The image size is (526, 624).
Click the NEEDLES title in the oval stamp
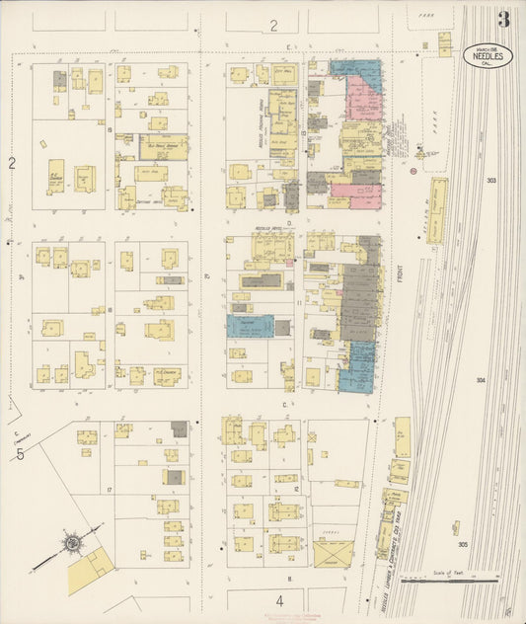(488, 57)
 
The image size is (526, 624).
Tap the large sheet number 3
(504, 19)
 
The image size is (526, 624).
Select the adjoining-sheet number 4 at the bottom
(279, 599)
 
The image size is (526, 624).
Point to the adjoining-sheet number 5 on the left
(20, 454)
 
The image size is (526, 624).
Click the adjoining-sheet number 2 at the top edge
(274, 26)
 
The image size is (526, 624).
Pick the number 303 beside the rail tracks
(491, 181)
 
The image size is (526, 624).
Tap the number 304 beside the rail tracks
(481, 380)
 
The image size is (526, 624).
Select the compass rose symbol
(72, 542)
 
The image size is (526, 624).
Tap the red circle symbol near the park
(413, 171)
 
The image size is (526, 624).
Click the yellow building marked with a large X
(334, 553)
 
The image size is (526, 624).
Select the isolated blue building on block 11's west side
(250, 326)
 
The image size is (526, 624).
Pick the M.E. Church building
(166, 375)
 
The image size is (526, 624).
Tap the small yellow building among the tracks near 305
(455, 528)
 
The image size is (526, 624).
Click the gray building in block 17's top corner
(179, 429)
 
